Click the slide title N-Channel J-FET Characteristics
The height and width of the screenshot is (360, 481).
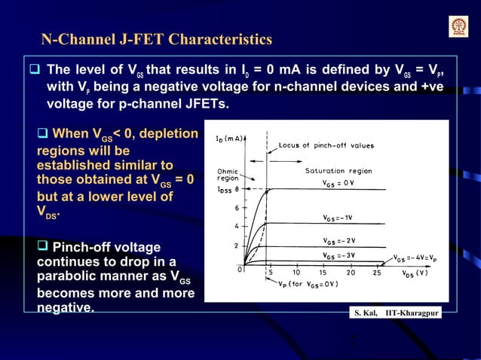[x=156, y=39]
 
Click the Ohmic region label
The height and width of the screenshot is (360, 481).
[x=227, y=175]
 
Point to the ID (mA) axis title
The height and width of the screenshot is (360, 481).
[x=228, y=138]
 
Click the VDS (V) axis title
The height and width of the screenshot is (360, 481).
[x=414, y=273]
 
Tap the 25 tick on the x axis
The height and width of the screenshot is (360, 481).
[x=376, y=273]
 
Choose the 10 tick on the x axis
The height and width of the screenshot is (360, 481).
[x=296, y=273]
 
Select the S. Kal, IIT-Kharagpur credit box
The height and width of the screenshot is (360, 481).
[x=397, y=311]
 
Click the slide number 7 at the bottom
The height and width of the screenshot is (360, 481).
[x=354, y=340]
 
